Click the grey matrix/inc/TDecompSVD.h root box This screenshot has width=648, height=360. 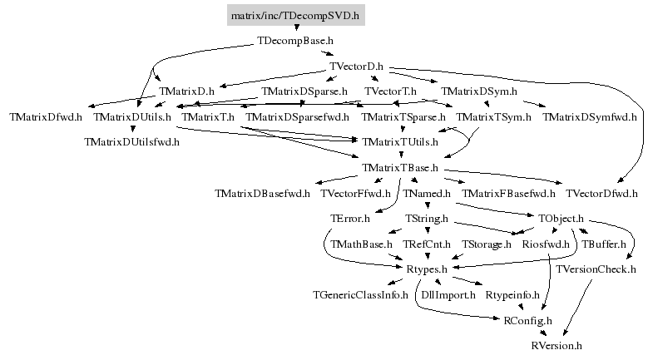296,15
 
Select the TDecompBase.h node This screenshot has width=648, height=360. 295,41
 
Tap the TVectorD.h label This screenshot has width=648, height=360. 356,66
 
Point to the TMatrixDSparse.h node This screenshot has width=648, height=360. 304,91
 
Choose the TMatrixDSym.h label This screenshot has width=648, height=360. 478,91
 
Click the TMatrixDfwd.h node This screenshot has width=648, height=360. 46,117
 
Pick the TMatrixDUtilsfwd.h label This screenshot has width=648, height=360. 131,142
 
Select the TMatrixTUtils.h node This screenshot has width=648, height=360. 400,142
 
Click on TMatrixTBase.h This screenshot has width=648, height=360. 400,168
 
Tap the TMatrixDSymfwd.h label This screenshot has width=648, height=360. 590,117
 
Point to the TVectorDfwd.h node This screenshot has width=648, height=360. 601,193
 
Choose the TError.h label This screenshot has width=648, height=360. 350,219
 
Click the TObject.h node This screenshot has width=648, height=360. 561,219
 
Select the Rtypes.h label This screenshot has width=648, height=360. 427,269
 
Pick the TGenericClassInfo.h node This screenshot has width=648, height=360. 360,295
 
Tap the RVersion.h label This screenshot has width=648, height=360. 556,346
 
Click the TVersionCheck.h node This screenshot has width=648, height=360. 596,269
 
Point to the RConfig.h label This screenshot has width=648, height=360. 527,320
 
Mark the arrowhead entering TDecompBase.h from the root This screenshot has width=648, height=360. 296,27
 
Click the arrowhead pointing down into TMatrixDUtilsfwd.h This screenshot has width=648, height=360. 132,129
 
